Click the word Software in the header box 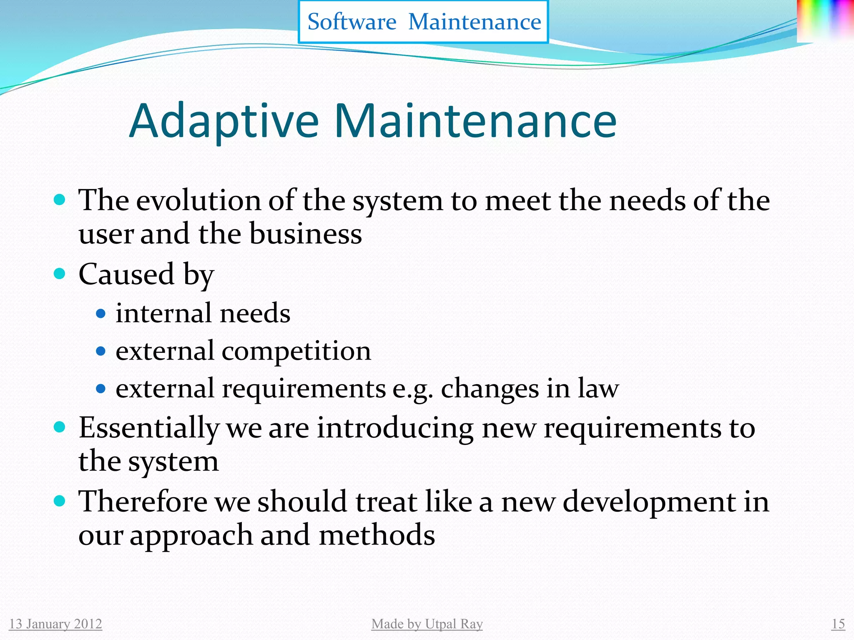(x=352, y=22)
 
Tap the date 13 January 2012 (x=55, y=624)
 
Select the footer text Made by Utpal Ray (x=427, y=624)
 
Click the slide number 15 (x=838, y=624)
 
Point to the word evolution (x=198, y=201)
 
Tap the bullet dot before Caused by (x=60, y=274)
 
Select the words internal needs (x=203, y=313)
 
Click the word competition (x=296, y=351)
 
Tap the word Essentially (x=149, y=428)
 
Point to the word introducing (x=395, y=428)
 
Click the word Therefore (x=143, y=502)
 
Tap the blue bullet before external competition (x=100, y=351)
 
